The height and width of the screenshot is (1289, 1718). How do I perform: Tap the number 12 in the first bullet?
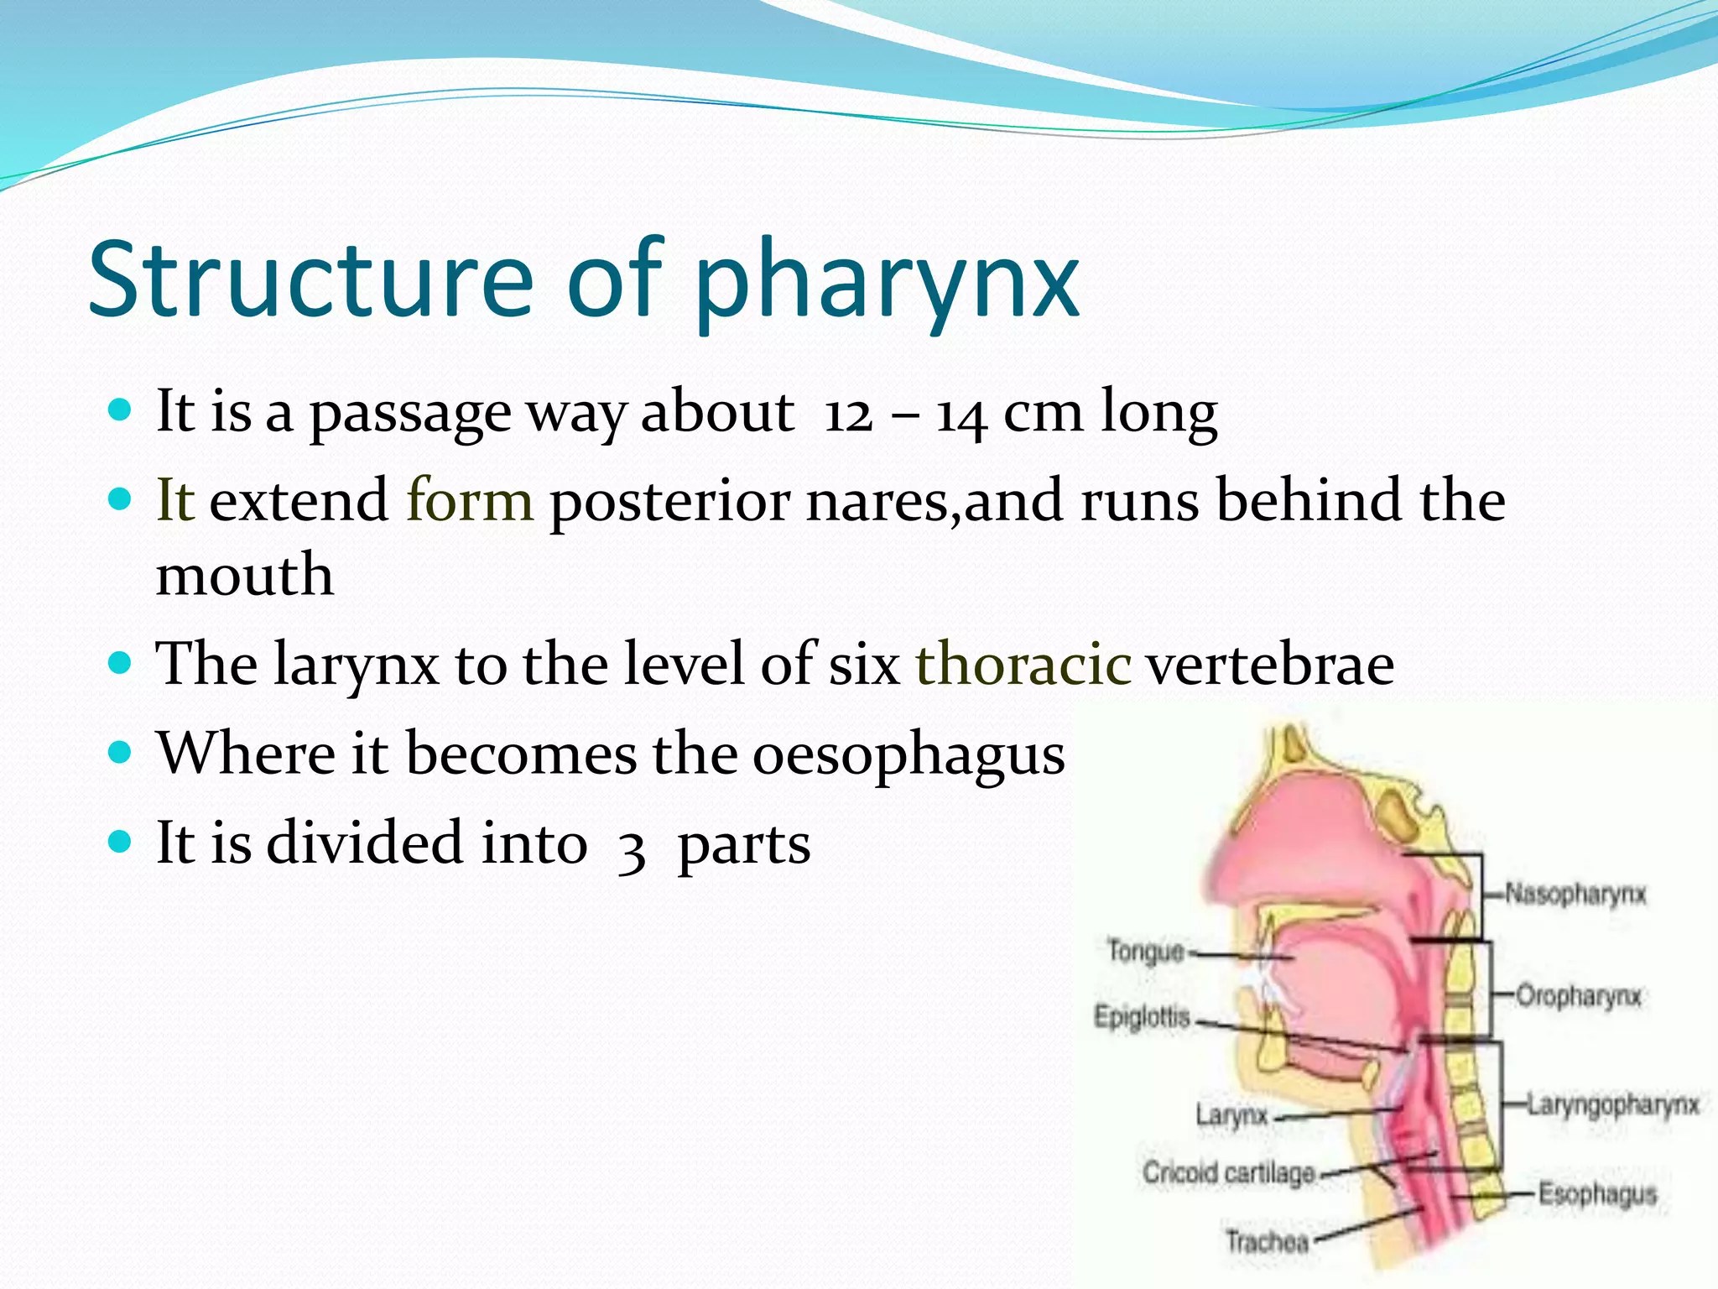(x=849, y=414)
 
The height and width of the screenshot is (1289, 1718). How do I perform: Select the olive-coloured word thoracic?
(x=1023, y=664)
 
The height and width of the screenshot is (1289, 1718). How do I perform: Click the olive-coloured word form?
(x=470, y=500)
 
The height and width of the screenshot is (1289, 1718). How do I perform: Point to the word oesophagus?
(x=908, y=754)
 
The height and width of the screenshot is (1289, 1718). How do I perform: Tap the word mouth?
(x=245, y=576)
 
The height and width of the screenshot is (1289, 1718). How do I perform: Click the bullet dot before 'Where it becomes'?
(x=121, y=750)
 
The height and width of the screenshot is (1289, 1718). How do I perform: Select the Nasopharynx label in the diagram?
(x=1575, y=894)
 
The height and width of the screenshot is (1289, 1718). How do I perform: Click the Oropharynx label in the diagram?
(x=1578, y=996)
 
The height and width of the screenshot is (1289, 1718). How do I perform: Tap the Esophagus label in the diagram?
(x=1597, y=1193)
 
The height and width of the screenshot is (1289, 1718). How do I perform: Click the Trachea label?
(x=1267, y=1240)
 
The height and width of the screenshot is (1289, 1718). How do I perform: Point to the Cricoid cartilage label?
(x=1228, y=1172)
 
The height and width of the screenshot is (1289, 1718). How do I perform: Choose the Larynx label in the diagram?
(x=1231, y=1115)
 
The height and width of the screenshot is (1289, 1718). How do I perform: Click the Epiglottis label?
(x=1142, y=1017)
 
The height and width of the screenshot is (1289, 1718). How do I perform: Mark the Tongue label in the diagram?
(x=1145, y=952)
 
